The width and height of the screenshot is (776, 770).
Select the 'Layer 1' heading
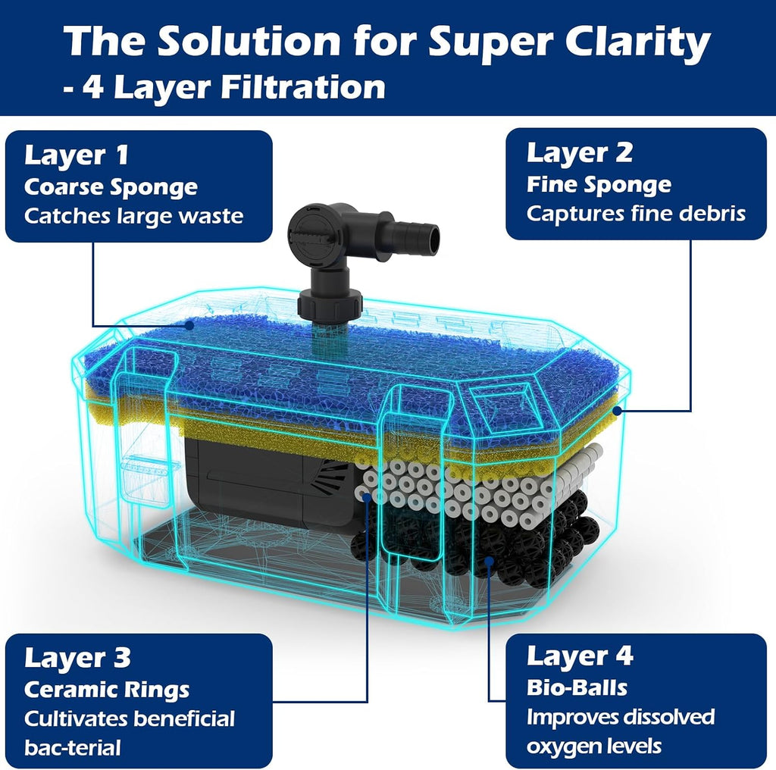[77, 156]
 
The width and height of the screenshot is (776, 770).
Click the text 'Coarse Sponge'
[111, 187]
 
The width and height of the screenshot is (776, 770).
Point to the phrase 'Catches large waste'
[133, 216]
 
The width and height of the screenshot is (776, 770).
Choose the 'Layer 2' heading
[580, 153]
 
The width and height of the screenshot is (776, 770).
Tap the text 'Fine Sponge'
[599, 185]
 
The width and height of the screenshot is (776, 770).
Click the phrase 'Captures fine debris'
[636, 214]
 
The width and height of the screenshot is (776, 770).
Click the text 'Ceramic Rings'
[107, 690]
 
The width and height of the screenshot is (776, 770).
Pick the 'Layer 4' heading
[580, 656]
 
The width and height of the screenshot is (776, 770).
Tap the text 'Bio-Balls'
[577, 688]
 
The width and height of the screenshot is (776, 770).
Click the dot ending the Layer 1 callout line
[189, 325]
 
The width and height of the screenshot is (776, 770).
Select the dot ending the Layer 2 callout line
[617, 410]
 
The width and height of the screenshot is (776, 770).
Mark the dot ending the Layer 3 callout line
[367, 497]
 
